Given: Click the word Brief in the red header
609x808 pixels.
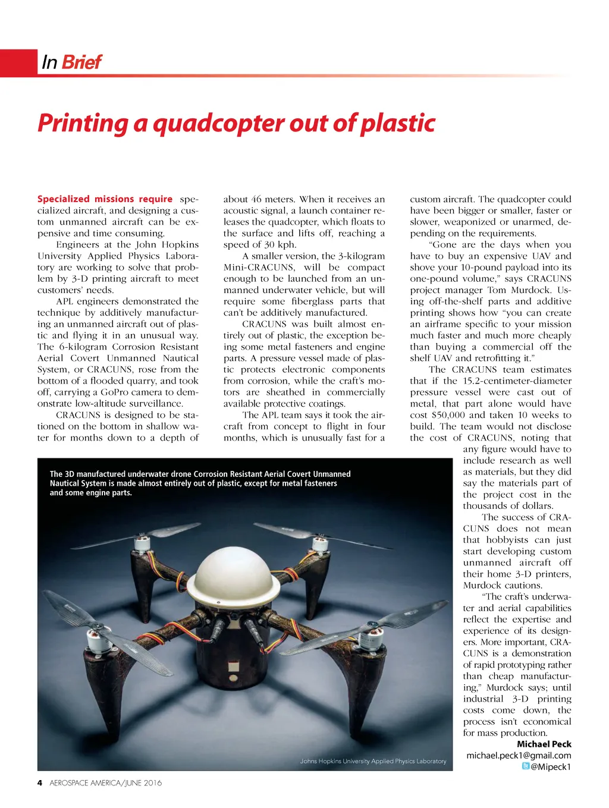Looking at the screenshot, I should (81, 62).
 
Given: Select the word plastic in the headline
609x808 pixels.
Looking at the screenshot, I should (398, 123).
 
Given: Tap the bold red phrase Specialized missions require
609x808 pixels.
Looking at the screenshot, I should (105, 199).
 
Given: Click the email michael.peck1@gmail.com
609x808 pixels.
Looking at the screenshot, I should (519, 755).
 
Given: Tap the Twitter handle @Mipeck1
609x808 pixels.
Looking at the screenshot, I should (550, 766).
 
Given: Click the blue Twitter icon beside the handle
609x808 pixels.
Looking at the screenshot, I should (525, 766).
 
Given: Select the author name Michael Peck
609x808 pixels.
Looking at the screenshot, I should (544, 744).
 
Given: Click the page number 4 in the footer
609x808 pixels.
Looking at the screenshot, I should (40, 782).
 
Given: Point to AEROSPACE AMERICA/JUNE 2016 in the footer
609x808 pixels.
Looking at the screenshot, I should (105, 782).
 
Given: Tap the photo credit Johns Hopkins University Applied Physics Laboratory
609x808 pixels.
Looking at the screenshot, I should (373, 761).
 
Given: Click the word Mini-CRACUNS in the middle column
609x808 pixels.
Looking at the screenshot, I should (259, 268).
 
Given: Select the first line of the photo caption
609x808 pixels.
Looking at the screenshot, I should (200, 474).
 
